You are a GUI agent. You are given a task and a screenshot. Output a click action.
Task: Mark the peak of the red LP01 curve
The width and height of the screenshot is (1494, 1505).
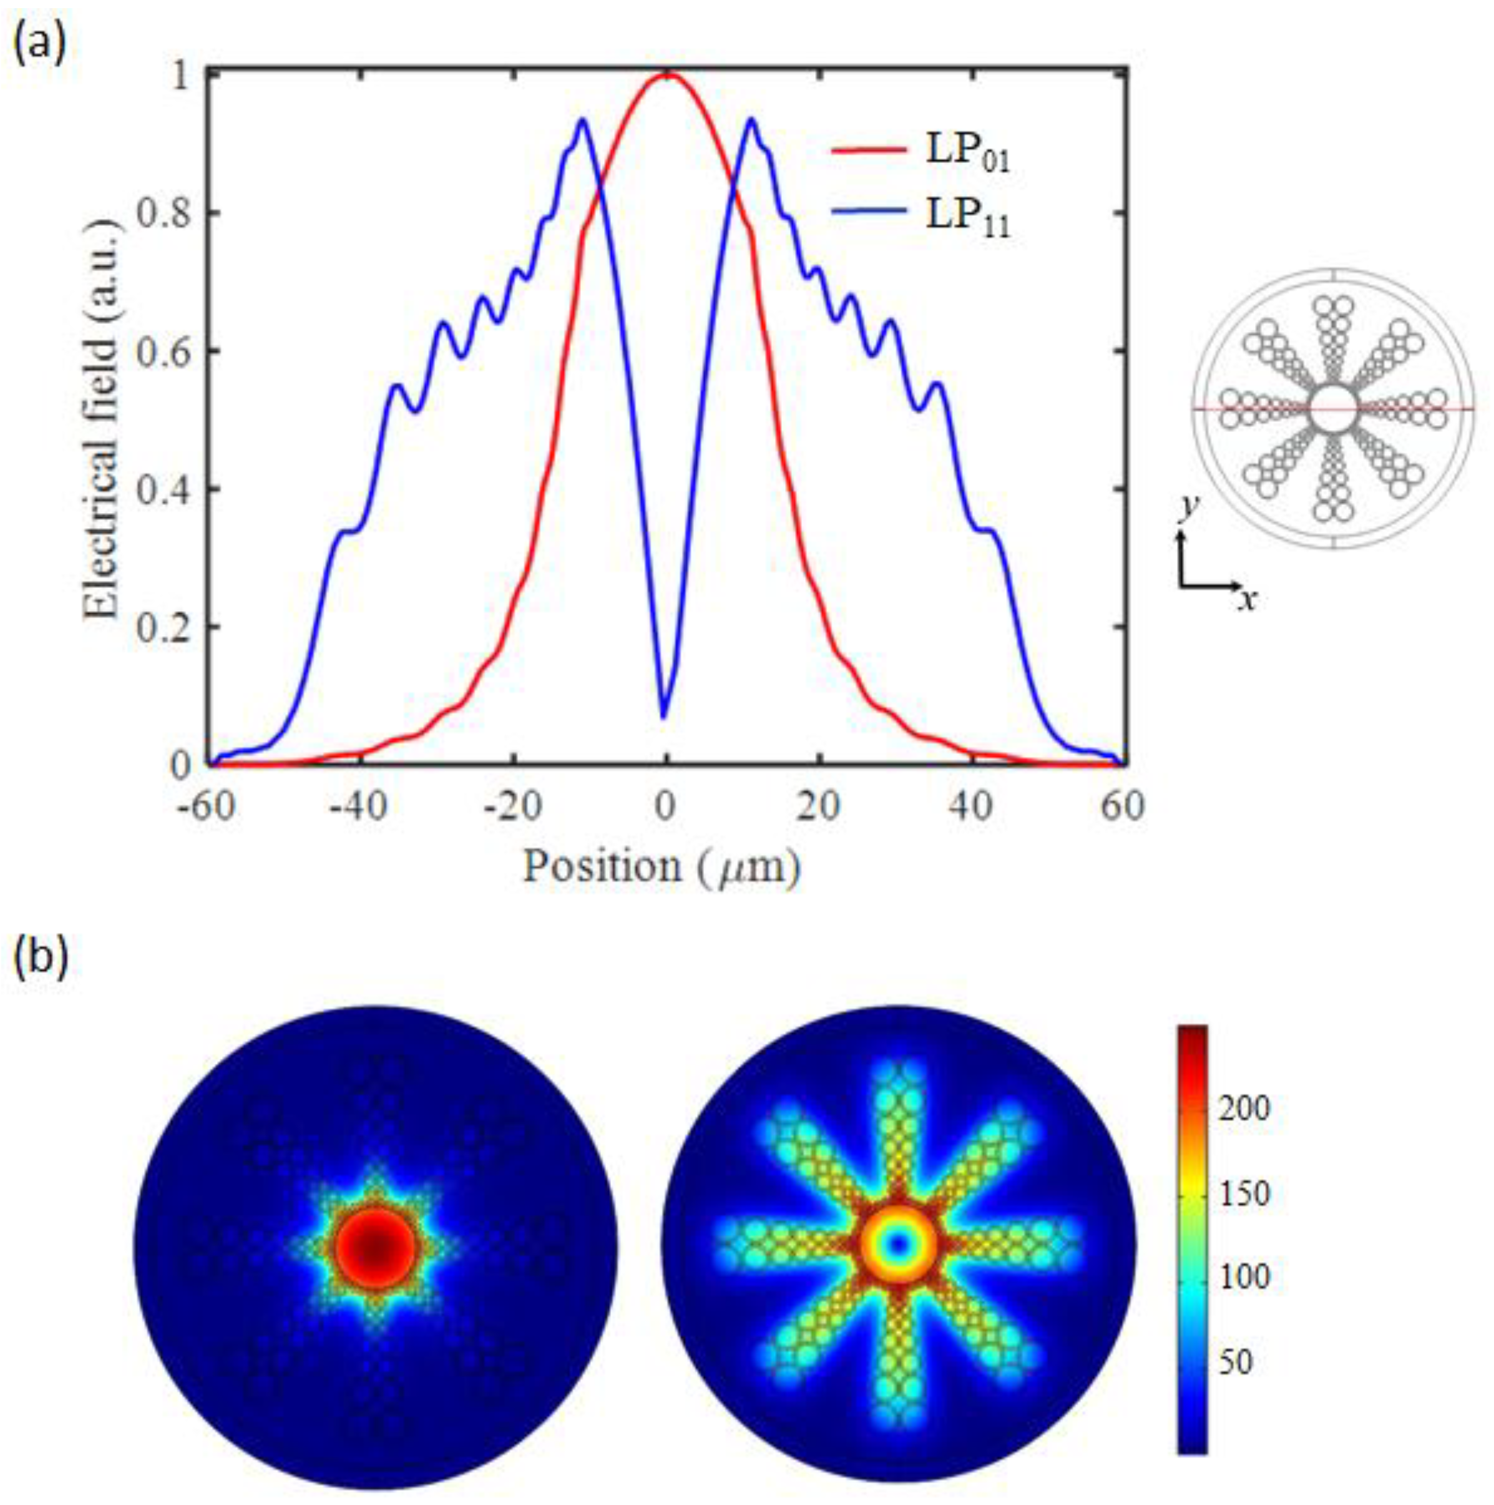pos(666,75)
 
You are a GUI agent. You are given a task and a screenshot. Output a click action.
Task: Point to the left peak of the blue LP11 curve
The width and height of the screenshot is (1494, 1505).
pos(581,120)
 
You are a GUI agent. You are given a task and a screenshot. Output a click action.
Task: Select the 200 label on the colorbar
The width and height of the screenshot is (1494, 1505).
pos(1244,1109)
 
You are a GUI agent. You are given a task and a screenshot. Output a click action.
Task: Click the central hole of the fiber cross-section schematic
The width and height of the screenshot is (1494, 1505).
pos(1334,409)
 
